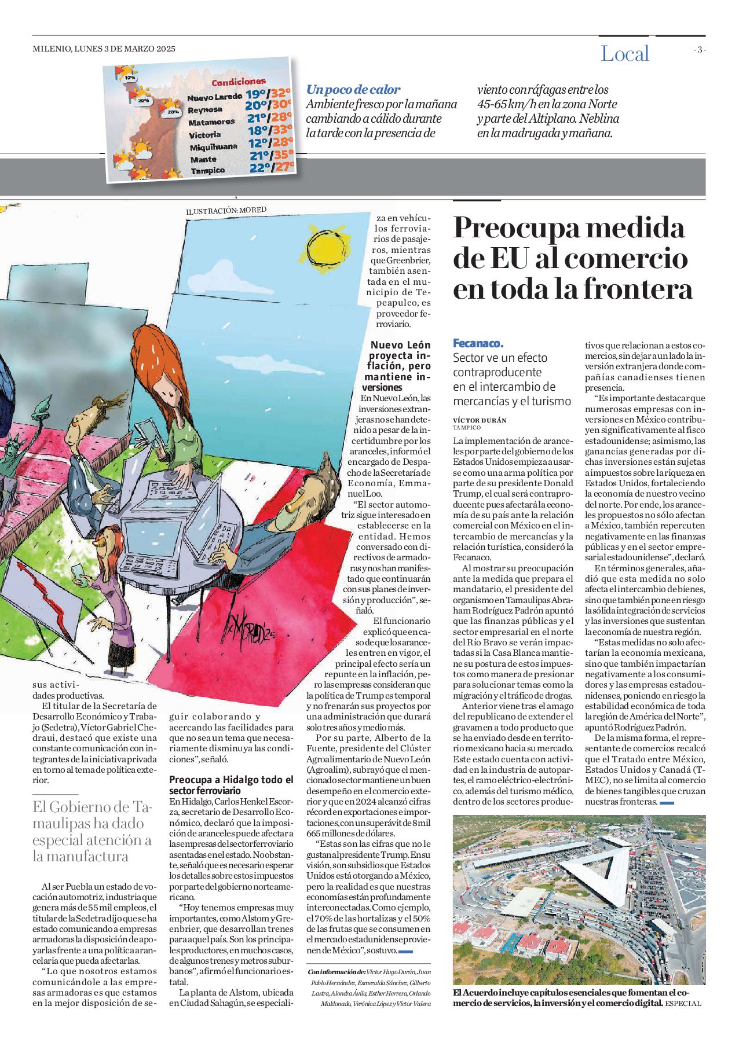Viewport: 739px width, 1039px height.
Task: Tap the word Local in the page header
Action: (625, 54)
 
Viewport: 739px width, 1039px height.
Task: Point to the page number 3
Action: (700, 50)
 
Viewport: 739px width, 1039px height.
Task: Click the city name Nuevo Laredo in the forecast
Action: (214, 97)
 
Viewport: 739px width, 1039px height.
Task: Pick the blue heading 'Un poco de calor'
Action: (353, 90)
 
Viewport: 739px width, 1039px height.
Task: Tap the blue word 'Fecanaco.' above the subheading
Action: (478, 343)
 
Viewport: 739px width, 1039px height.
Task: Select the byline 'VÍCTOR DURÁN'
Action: (480, 420)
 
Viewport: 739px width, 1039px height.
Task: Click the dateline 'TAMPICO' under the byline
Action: (467, 428)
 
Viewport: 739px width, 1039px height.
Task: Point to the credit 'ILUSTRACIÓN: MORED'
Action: (226, 211)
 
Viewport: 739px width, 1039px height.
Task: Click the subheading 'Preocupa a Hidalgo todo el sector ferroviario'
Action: (231, 785)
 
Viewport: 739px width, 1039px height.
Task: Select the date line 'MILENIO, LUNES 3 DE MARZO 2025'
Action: (104, 49)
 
